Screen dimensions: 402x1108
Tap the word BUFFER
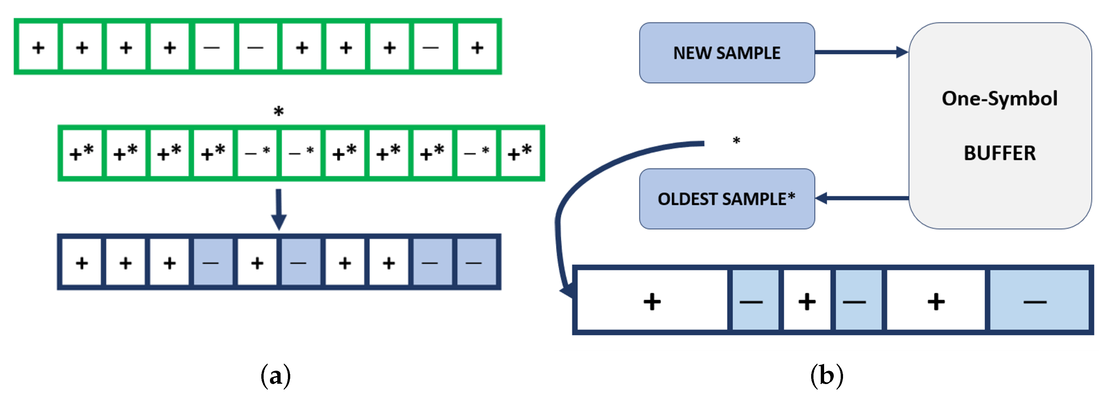(999, 153)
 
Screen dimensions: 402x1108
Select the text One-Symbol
(999, 98)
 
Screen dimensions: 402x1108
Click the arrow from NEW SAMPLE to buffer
(860, 52)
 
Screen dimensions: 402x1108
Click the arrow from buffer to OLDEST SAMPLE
(862, 198)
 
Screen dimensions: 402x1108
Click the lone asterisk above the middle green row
(279, 111)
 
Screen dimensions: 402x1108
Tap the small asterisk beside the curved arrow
(736, 141)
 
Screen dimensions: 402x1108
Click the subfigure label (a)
(276, 376)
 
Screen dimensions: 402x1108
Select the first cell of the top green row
(38, 47)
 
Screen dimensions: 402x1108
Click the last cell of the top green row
(477, 47)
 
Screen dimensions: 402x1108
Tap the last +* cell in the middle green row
(520, 153)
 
